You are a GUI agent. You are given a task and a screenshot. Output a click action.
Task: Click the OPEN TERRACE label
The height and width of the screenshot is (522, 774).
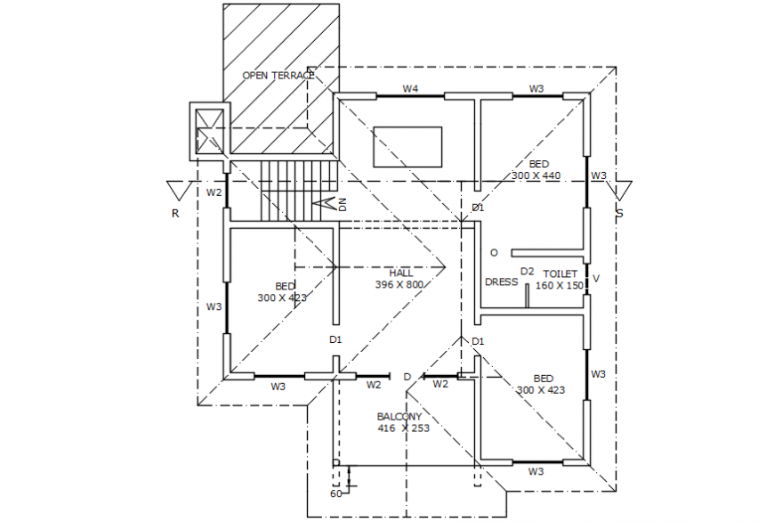[x=278, y=76]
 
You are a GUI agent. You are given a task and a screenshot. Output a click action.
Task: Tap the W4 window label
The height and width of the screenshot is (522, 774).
[x=410, y=88]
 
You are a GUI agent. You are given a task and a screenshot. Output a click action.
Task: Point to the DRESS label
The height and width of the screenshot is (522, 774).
[x=501, y=281]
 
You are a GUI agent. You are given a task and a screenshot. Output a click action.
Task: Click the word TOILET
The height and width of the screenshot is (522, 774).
[x=560, y=274]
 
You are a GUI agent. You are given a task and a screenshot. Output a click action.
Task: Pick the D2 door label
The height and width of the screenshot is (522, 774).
[x=528, y=272]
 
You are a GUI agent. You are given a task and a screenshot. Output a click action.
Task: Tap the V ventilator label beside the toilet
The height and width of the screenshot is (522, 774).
[x=596, y=279]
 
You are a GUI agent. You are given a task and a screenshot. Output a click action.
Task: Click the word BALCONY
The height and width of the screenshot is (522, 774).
[x=399, y=416]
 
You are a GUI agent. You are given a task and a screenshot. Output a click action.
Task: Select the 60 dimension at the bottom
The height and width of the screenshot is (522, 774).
[x=336, y=493]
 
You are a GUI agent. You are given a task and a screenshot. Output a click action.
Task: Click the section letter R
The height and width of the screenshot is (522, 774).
[x=175, y=213]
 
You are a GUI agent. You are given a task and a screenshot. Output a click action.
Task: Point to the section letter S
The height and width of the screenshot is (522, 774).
[x=619, y=214]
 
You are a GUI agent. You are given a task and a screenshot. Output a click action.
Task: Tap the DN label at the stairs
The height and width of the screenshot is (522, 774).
[x=342, y=205]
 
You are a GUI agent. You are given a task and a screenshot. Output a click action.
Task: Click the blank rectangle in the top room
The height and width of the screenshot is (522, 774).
[x=407, y=147]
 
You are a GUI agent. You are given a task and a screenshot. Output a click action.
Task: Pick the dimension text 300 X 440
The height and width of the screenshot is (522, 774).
[x=536, y=176]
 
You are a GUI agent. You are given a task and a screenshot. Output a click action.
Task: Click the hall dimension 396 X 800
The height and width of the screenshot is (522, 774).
[x=399, y=285]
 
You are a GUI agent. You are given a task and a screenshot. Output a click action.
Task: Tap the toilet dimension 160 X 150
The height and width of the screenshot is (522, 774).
[x=560, y=286]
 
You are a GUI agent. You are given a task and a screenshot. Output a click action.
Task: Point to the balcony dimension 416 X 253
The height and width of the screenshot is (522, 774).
[x=403, y=428]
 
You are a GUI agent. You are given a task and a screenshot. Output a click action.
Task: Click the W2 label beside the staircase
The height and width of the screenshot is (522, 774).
[x=214, y=192]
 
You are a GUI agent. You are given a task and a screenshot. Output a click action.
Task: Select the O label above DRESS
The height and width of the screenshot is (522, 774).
[x=494, y=252]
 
